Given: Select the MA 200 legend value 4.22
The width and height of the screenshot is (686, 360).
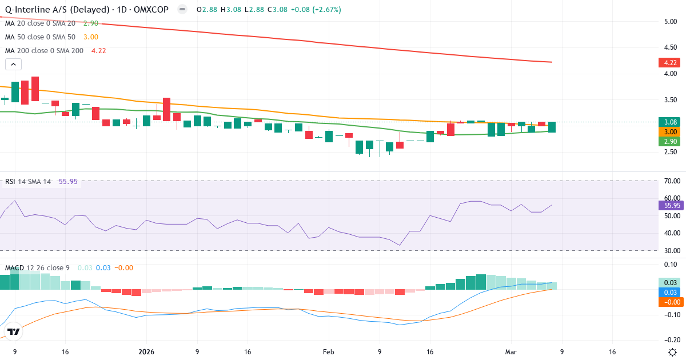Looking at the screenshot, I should pyautogui.click(x=95, y=50).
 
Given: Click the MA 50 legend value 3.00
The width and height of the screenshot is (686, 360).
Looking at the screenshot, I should pyautogui.click(x=90, y=37).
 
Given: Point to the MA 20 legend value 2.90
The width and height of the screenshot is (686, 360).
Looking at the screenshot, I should pyautogui.click(x=90, y=23).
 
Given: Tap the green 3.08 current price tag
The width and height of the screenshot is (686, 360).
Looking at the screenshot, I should pyautogui.click(x=671, y=122).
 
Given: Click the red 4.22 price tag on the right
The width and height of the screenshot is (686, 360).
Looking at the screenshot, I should pyautogui.click(x=671, y=62).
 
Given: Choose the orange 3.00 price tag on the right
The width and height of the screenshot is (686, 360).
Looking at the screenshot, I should pyautogui.click(x=671, y=131).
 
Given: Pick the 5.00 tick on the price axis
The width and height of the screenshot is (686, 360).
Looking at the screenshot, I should pyautogui.click(x=671, y=22).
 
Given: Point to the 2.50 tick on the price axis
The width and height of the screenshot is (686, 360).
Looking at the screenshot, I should pyautogui.click(x=671, y=152).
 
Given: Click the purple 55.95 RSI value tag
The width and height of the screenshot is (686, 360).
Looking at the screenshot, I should pyautogui.click(x=671, y=205).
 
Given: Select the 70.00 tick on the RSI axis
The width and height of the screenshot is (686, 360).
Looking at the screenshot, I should pyautogui.click(x=671, y=181).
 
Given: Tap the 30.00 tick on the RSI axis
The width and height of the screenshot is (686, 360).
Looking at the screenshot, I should pyautogui.click(x=671, y=250).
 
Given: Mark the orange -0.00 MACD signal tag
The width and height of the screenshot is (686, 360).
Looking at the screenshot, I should pyautogui.click(x=671, y=302).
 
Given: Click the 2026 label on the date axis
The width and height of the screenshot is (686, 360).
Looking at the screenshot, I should pyautogui.click(x=146, y=352).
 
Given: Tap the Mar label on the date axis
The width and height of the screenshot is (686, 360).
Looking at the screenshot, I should pyautogui.click(x=511, y=352).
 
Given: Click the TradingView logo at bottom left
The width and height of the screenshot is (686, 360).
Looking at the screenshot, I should pyautogui.click(x=14, y=331).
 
